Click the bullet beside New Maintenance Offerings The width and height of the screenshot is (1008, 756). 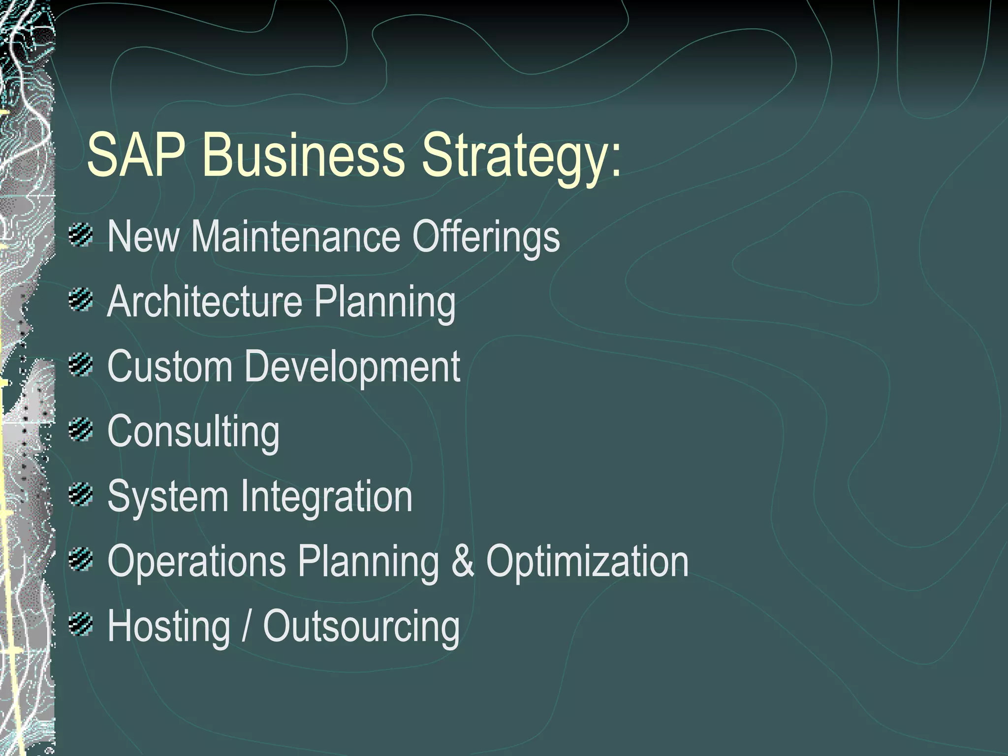point(81,235)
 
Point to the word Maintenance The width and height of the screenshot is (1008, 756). point(296,237)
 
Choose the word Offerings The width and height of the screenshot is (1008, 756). point(486,238)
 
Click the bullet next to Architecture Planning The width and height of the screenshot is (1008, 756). point(81,300)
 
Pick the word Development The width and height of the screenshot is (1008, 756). point(352,368)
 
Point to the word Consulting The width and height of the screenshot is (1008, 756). point(193,433)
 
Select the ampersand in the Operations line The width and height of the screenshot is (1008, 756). point(463,562)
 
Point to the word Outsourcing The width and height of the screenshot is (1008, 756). point(362,628)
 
